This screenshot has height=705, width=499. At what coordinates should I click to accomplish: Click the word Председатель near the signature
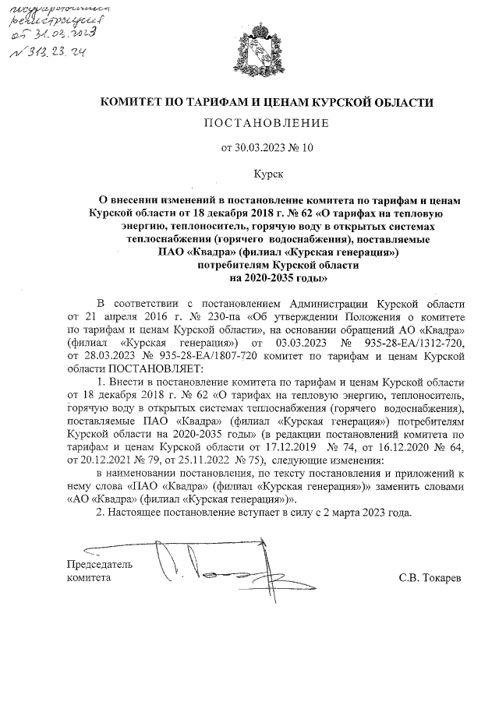click(x=100, y=564)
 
